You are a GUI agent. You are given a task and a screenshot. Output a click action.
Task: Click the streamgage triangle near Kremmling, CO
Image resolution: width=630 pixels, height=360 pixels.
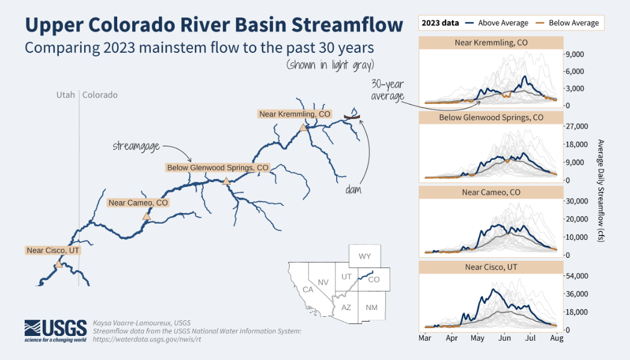[x=304, y=127]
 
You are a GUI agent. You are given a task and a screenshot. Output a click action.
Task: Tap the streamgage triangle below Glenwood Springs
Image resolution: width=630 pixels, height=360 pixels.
[x=226, y=182]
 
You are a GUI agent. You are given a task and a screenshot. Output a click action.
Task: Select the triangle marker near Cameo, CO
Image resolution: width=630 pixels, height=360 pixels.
[x=147, y=216]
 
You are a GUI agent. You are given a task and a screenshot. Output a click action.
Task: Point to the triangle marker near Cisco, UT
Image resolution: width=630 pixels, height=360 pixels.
[x=59, y=264]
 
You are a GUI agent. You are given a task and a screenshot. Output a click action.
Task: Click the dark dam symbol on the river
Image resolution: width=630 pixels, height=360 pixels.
[x=352, y=117]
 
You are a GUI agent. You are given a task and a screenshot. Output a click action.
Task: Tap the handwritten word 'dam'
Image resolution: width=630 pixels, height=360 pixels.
[x=353, y=189]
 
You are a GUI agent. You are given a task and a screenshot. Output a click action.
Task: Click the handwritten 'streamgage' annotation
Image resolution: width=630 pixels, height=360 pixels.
[x=136, y=146]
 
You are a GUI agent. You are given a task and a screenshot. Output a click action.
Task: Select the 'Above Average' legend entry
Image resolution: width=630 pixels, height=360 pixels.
[x=497, y=23]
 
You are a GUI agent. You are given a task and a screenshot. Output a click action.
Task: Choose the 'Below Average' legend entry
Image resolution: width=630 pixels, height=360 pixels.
[x=567, y=23]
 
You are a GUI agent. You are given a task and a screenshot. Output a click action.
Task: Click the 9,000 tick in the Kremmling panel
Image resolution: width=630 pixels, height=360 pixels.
[x=575, y=54]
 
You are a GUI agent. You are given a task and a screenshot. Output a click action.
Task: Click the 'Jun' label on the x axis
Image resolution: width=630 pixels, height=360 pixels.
[x=504, y=338]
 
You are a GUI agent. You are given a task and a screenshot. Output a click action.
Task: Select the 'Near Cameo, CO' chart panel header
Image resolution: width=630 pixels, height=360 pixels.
[x=491, y=192]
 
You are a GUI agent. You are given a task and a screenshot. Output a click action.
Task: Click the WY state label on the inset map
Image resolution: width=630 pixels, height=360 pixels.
[x=365, y=257]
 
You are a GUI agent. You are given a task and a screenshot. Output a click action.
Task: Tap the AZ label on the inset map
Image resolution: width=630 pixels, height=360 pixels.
[x=346, y=307]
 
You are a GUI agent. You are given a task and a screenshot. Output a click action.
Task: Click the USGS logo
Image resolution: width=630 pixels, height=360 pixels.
[x=55, y=331]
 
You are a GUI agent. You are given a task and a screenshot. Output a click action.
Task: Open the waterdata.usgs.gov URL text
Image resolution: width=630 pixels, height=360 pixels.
[x=147, y=339]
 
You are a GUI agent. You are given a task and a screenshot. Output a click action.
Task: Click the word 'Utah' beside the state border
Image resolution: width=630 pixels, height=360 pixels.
[x=66, y=95]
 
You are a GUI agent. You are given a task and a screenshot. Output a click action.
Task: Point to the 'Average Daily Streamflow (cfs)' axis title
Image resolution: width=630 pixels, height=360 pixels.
[x=601, y=191]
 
